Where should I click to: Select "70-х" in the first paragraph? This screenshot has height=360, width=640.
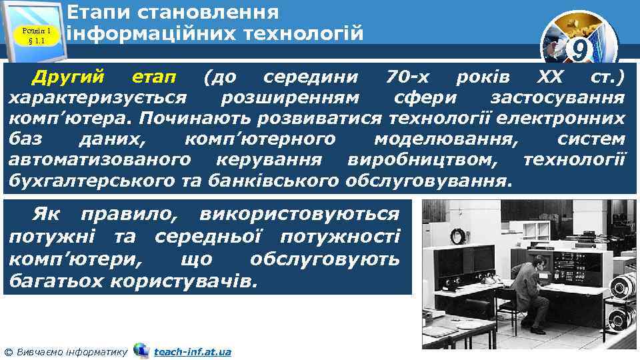(x=409, y=77)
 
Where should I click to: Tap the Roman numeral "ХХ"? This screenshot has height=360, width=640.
(x=550, y=77)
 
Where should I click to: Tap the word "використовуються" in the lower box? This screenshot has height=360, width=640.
(x=299, y=215)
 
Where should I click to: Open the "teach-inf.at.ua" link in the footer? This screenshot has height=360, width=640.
(x=192, y=351)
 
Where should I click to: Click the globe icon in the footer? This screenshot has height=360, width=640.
(x=141, y=350)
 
